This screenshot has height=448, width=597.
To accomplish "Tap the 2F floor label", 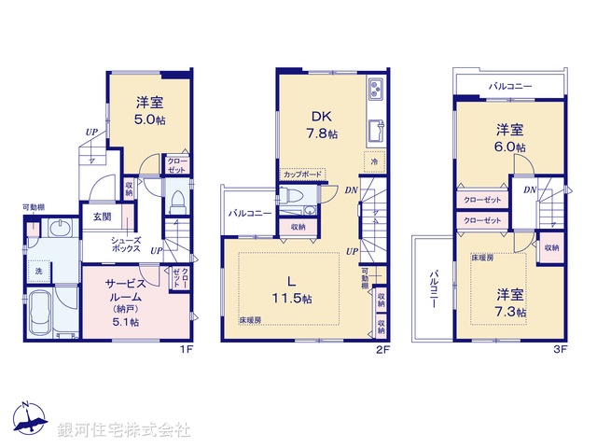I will tap(382, 351).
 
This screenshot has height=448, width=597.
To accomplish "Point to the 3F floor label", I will tap(559, 351).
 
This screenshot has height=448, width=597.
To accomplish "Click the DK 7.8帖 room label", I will tap(323, 124).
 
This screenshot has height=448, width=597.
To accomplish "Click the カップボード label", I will tap(301, 175).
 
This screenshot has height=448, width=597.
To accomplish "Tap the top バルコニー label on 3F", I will tap(510, 87).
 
